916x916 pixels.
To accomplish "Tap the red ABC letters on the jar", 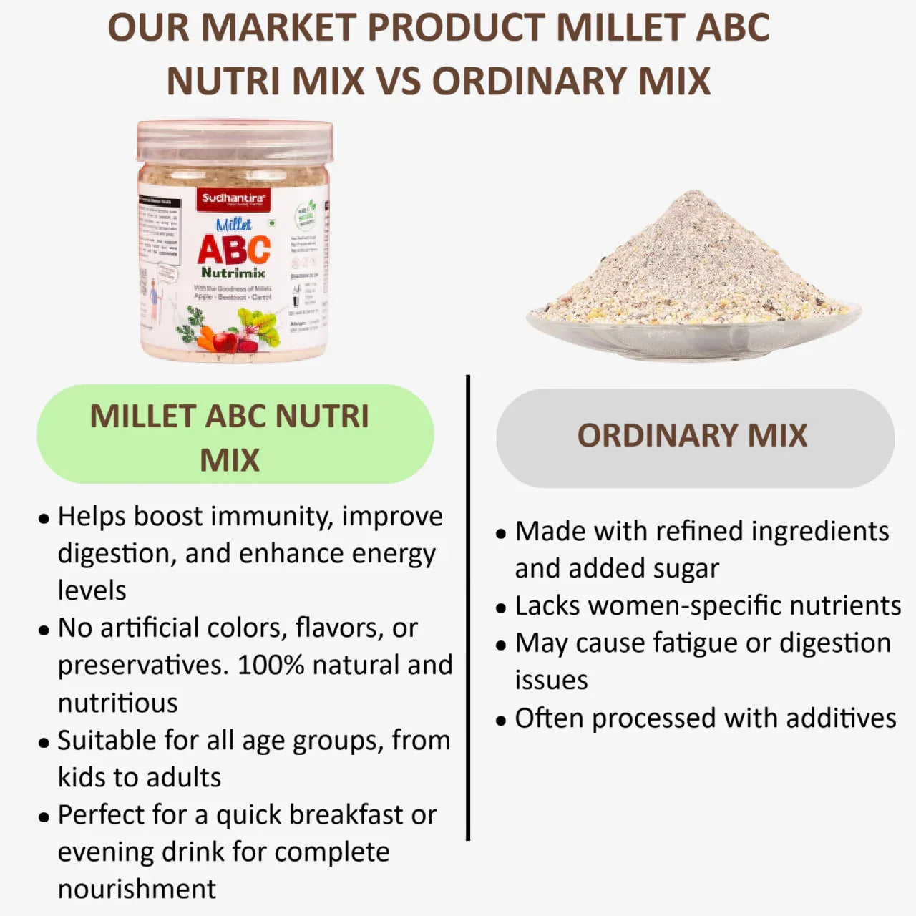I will click(x=234, y=250).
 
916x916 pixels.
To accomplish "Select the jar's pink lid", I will click(x=235, y=140).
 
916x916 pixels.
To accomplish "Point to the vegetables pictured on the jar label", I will click(x=222, y=331).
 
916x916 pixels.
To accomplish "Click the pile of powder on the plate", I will click(x=693, y=265).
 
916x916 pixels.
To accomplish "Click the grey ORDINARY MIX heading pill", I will click(x=694, y=437).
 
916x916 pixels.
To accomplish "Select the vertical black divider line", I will click(x=468, y=608).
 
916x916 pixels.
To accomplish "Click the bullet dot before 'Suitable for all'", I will click(x=44, y=743).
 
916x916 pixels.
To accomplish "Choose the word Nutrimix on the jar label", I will click(x=233, y=273).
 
